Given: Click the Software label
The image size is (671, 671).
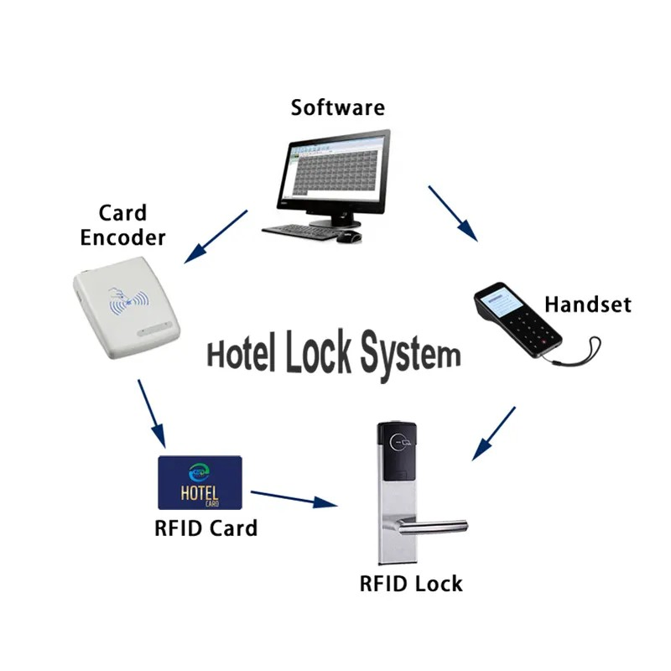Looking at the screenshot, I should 337,108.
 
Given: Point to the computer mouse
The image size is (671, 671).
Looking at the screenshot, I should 349,237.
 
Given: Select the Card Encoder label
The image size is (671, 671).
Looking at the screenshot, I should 122,226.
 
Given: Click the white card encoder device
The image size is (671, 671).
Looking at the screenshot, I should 126,310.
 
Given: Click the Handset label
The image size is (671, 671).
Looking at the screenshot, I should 587,304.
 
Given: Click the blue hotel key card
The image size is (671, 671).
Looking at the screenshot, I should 200,482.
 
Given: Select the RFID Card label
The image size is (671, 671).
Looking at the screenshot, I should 205,528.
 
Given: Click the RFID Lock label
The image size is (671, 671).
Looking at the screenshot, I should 411,583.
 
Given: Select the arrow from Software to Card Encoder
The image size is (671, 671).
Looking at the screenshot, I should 216,236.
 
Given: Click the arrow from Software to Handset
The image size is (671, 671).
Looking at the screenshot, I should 453,214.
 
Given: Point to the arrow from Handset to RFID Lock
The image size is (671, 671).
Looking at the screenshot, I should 493,434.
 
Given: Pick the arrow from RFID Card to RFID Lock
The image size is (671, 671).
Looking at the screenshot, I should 294,498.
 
